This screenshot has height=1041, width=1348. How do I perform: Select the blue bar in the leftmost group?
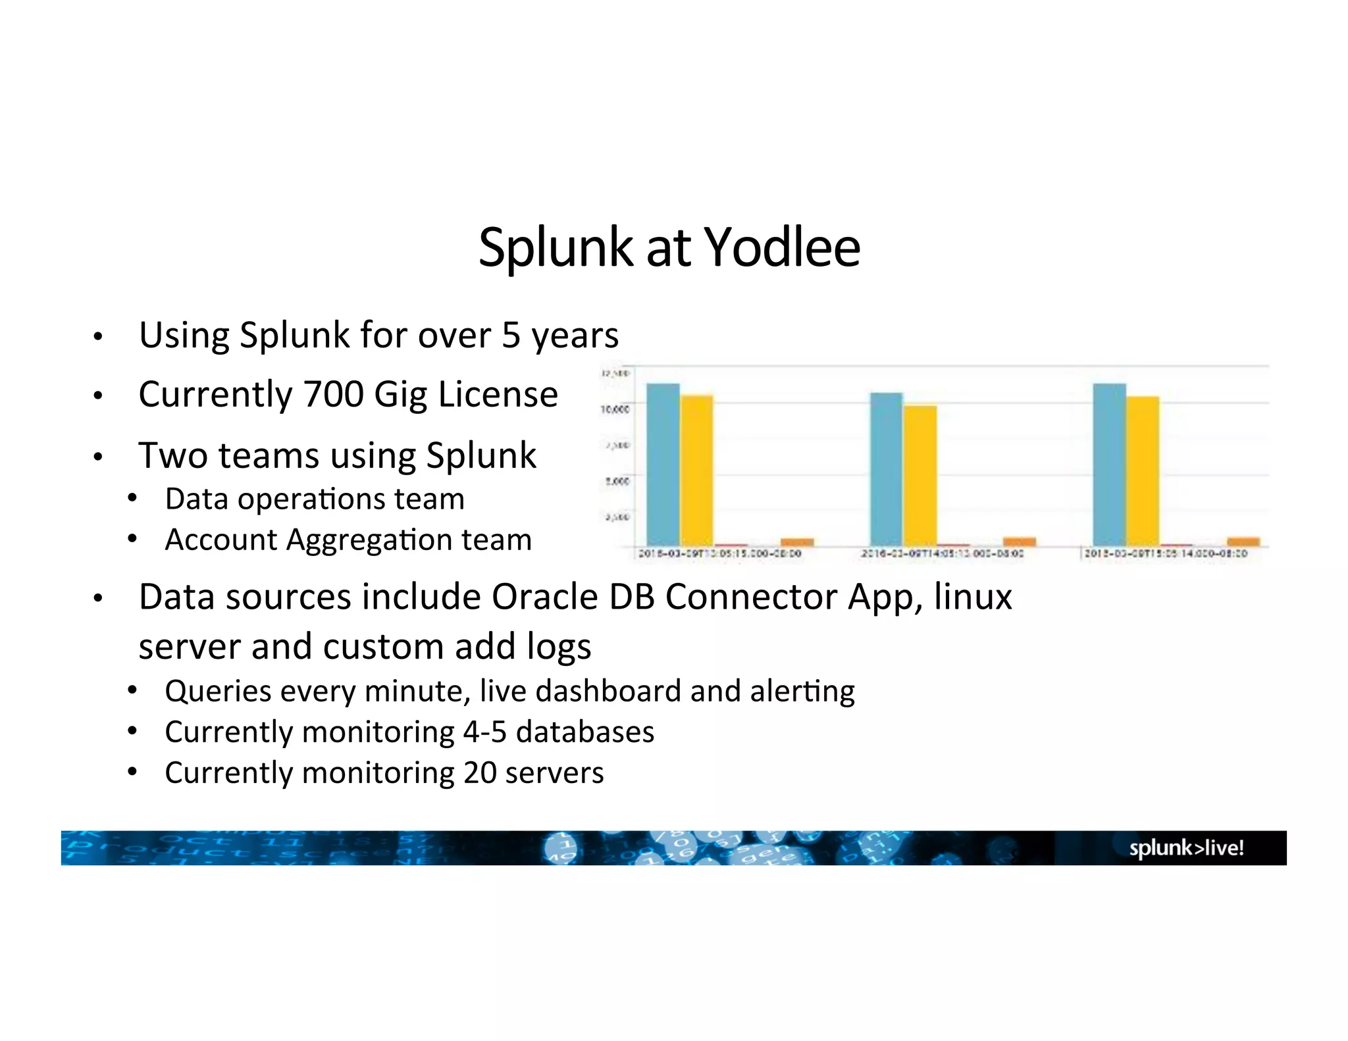(x=663, y=464)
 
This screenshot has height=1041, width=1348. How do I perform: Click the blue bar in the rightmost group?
(x=1109, y=464)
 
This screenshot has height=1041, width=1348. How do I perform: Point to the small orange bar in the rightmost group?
(x=1243, y=542)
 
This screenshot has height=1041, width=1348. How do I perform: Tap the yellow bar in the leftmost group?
(x=696, y=470)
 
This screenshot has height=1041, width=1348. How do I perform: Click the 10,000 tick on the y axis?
(x=615, y=409)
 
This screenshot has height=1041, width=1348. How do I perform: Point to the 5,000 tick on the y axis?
(x=617, y=481)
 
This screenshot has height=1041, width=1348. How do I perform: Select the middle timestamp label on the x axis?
(x=942, y=554)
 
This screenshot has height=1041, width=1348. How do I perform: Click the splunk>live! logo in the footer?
(x=1186, y=848)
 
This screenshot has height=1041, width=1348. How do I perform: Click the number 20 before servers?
(x=479, y=773)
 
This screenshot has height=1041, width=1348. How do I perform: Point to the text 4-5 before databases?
(x=484, y=732)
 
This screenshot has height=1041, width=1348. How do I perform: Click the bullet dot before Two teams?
(x=98, y=457)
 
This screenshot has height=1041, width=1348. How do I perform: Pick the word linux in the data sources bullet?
(x=972, y=597)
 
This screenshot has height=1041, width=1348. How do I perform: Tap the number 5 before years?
(x=511, y=335)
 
